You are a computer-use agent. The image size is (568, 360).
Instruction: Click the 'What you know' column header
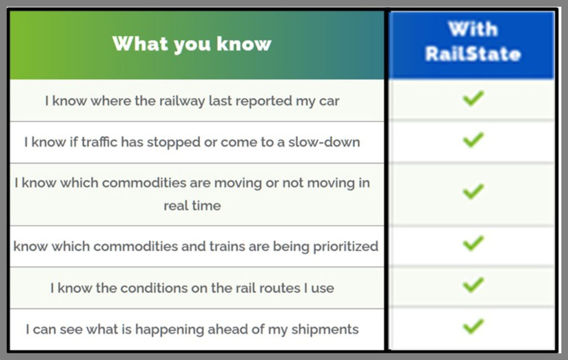click(191, 44)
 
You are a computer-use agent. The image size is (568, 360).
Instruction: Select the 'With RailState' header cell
click(473, 45)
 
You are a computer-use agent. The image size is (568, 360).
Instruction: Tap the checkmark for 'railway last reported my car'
click(473, 99)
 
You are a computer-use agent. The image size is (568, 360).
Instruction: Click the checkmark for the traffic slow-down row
click(473, 140)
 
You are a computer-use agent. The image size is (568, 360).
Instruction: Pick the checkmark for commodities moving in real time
click(473, 191)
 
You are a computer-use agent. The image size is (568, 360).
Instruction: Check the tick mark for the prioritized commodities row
click(473, 244)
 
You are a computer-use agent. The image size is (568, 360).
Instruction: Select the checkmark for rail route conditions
click(473, 285)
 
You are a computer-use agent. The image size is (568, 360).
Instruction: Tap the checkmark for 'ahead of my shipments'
click(473, 326)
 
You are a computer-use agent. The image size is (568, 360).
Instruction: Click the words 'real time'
click(192, 206)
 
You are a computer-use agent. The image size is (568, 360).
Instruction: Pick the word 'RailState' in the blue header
click(473, 54)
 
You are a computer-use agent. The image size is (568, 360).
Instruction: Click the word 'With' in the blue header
click(473, 29)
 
